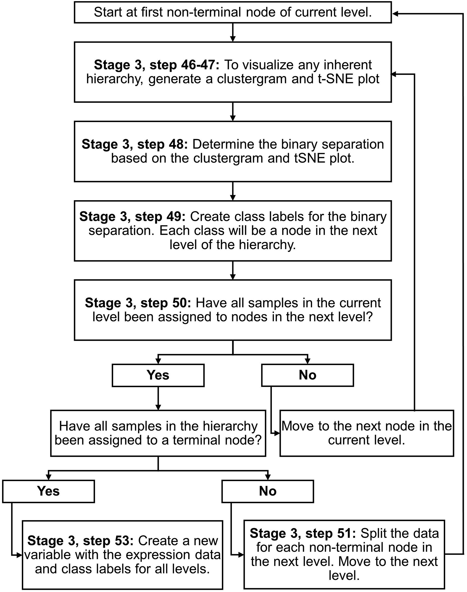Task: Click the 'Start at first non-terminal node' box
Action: tap(232, 12)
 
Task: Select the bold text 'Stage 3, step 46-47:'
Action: tap(156, 65)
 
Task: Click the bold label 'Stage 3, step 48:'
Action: tap(135, 144)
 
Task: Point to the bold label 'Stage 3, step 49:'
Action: tap(132, 217)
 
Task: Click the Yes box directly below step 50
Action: tap(158, 375)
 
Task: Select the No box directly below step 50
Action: tap(307, 375)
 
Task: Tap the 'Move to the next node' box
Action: tap(367, 433)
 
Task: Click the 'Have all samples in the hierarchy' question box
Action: tap(158, 433)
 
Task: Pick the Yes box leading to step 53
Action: tap(48, 491)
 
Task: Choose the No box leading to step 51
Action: tap(268, 491)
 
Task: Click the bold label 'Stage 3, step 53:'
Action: tap(80, 541)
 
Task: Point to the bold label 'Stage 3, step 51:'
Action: tap(303, 533)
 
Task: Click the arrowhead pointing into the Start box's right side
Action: tap(395, 14)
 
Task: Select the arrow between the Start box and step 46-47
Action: tap(233, 32)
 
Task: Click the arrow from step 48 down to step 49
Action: tap(233, 191)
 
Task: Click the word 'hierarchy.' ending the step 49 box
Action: tap(275, 245)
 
